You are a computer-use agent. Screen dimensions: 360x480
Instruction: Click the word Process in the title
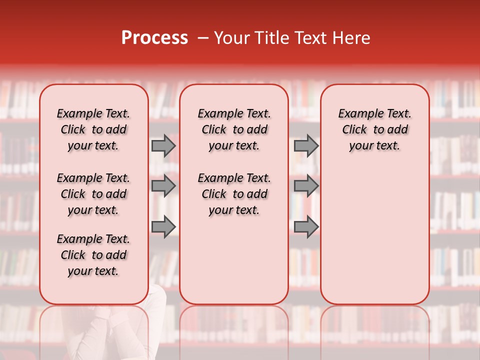click(x=154, y=38)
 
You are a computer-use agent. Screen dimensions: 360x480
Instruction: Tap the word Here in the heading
click(x=351, y=38)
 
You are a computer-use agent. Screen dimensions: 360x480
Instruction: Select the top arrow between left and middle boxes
click(x=163, y=145)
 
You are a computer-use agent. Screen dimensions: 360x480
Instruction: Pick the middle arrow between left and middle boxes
click(x=163, y=186)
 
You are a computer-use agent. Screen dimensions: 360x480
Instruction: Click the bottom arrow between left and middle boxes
click(x=163, y=227)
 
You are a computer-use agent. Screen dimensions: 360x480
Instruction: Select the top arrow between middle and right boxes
click(x=306, y=145)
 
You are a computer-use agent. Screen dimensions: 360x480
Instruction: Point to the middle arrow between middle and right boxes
click(x=306, y=186)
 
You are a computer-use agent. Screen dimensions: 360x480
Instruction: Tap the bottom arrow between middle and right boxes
click(x=306, y=227)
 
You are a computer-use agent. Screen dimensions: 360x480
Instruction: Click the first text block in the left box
click(x=93, y=129)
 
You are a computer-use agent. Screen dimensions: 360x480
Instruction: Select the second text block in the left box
click(x=93, y=194)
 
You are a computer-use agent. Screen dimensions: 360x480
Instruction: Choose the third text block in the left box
click(x=93, y=255)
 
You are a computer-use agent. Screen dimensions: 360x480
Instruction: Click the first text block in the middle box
click(x=234, y=129)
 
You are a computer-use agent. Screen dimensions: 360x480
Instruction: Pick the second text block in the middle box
click(x=234, y=194)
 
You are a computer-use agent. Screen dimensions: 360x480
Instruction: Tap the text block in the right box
click(x=375, y=129)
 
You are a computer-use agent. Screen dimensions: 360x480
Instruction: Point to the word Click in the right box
click(x=354, y=130)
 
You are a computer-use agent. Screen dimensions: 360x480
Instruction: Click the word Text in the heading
click(x=306, y=38)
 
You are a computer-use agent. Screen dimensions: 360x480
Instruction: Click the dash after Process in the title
click(x=202, y=38)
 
